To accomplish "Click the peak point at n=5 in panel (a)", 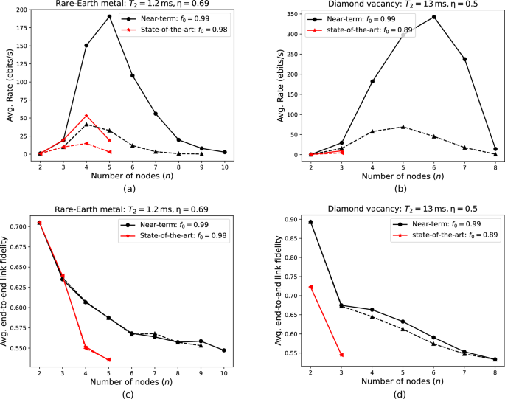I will pyautogui.click(x=110, y=16).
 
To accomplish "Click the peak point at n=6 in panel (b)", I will pyautogui.click(x=433, y=17).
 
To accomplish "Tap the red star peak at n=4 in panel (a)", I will pyautogui.click(x=86, y=116).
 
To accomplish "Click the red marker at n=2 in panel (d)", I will pyautogui.click(x=310, y=288).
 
